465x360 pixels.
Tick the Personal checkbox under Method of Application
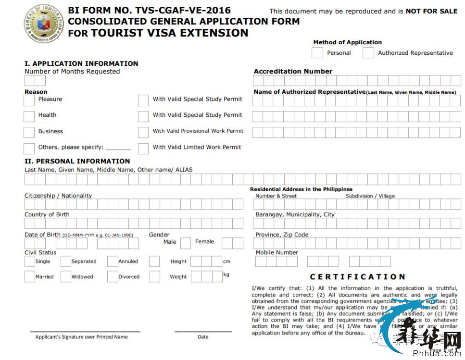pos(317,53)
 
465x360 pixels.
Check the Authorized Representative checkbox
pos(368,53)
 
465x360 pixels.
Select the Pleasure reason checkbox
pos(29,100)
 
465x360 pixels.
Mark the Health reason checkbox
pos(29,116)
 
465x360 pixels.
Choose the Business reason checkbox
pos(29,132)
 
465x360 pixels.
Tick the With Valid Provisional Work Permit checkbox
pos(143,132)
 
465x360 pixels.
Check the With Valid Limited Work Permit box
pos(143,148)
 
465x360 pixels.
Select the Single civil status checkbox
pos(29,261)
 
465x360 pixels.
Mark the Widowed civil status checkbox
pos(66,277)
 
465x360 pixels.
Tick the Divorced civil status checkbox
pos(113,277)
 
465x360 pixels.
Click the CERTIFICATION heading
pos(358,277)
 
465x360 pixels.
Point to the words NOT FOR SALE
pos(431,11)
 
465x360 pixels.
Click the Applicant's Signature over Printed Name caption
pos(82,337)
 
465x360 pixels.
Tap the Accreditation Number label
pos(293,72)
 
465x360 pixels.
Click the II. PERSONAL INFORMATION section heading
pos(77,161)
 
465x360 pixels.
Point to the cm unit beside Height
pos(226,261)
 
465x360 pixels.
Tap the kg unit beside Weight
pos(226,274)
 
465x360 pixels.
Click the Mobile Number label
pos(277,252)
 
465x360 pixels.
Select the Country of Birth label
pos(47,214)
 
